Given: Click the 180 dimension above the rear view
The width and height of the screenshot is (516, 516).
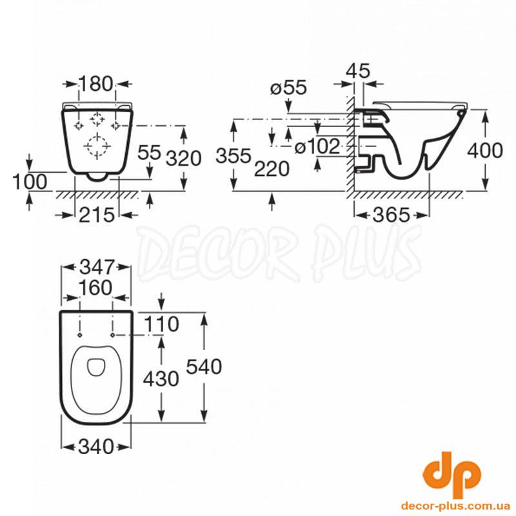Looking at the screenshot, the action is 96,84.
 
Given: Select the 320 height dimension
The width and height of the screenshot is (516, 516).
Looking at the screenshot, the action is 183,158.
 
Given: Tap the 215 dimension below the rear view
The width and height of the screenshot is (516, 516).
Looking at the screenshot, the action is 97,215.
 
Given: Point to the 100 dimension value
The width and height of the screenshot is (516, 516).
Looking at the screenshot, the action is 30,182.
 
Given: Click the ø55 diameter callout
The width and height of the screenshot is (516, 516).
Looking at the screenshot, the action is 288,88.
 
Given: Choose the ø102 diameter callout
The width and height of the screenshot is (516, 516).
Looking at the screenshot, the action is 317,146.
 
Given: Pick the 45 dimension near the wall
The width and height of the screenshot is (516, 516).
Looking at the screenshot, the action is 358,70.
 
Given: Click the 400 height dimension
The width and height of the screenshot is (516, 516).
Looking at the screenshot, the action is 485,150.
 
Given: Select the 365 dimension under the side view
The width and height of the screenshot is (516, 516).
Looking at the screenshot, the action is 392,215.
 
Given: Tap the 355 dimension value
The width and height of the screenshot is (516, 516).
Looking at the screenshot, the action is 233,155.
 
